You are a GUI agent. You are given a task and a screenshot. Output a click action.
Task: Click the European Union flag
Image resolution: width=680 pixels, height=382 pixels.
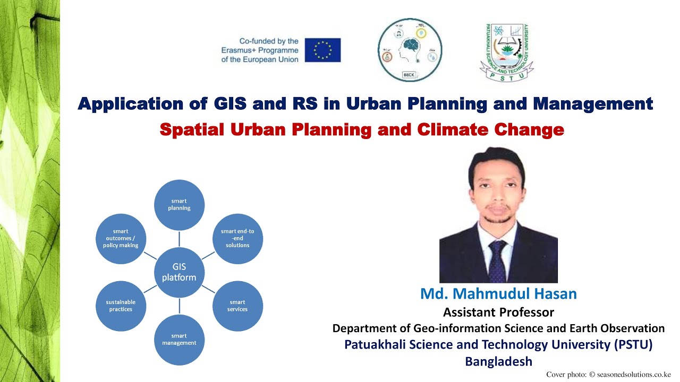pos(322,50)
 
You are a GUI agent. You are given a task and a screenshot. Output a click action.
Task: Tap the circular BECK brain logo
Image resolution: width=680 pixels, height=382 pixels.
pos(410,50)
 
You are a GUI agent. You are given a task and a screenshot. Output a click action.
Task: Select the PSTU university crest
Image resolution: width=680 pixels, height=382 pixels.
pos(506,53)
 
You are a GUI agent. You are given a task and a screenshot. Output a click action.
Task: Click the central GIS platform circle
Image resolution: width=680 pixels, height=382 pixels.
pos(179,272)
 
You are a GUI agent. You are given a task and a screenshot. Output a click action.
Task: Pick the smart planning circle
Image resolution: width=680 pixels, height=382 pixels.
pos(180,205)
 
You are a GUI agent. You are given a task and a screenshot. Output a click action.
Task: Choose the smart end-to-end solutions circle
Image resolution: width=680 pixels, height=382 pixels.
pos(237,238)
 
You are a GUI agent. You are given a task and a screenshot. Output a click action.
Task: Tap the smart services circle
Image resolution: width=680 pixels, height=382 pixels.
pos(237,306)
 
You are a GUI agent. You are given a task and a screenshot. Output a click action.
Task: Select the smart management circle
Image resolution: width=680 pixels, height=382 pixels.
pos(180,340)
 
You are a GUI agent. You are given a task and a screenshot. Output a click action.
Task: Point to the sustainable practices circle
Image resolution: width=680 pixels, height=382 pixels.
pos(121,306)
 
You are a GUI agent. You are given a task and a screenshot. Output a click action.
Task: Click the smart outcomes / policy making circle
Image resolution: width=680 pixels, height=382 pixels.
pos(121,238)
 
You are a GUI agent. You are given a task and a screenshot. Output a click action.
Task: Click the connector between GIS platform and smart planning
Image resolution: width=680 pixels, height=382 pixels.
pos(180,238)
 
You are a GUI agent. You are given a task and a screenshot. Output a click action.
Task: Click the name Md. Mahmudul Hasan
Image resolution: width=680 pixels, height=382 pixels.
pos(498,294)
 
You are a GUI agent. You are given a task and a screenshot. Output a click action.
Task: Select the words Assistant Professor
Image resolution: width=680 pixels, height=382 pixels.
pos(498,312)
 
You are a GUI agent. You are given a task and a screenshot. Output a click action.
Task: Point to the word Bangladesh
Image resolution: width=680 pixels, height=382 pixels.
pos(498,361)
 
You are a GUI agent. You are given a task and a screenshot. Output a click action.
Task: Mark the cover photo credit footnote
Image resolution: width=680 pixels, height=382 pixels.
pos(608,375)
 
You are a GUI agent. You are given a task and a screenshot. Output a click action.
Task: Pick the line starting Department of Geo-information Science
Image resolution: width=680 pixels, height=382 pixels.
pos(498,328)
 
